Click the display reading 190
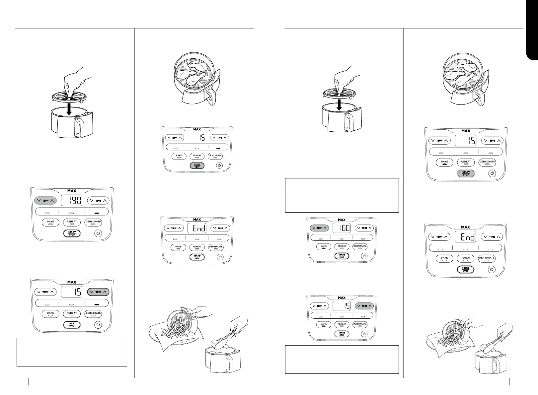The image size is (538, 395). point(72,200)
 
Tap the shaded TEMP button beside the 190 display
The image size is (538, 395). point(45,200)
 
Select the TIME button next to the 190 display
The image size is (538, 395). point(98,200)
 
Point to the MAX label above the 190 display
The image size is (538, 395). point(72,191)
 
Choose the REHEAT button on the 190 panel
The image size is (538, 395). point(72,222)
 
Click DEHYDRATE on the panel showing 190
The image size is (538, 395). point(93,222)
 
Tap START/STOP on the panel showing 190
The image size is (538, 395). point(72,233)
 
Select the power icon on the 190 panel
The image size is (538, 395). point(98,233)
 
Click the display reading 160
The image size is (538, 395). point(342,228)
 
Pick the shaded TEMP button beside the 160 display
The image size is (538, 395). point(319,228)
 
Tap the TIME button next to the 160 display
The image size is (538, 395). point(364,228)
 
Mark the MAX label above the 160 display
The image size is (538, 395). point(342,220)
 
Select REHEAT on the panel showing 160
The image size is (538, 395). point(342,246)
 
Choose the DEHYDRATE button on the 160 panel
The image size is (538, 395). point(360,246)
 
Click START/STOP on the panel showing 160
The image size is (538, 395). point(342,256)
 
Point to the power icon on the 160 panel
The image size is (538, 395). point(364,256)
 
